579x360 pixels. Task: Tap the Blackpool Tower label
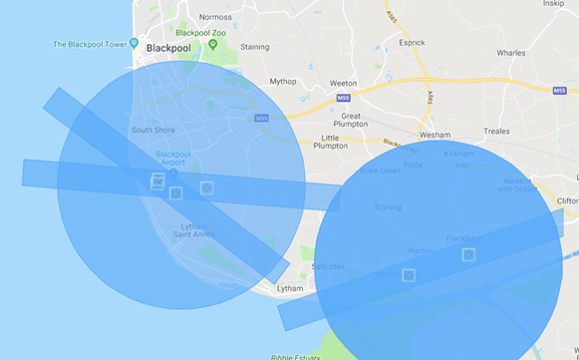pyautogui.click(x=95, y=44)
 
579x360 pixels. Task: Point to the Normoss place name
pyautogui.click(x=215, y=17)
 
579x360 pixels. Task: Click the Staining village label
pyautogui.click(x=254, y=47)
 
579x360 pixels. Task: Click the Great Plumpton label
pyautogui.click(x=351, y=121)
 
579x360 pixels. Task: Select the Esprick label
pyautogui.click(x=411, y=44)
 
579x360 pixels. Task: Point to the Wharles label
pyautogui.click(x=510, y=53)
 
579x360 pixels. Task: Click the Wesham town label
pyautogui.click(x=434, y=135)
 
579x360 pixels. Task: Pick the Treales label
pyautogui.click(x=495, y=131)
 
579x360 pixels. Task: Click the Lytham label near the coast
pyautogui.click(x=289, y=288)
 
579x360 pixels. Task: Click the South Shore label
pyautogui.click(x=153, y=130)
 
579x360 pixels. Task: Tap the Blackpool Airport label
pyautogui.click(x=173, y=159)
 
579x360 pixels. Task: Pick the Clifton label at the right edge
pyautogui.click(x=566, y=200)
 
